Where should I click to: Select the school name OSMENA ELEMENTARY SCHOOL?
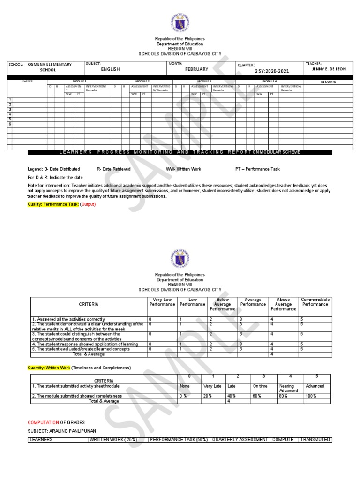click(x=49, y=67)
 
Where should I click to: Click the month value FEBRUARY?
click(x=196, y=69)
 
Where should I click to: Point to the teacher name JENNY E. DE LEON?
click(x=329, y=69)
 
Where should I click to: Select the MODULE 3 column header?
click(x=204, y=81)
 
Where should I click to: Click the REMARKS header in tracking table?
click(x=329, y=82)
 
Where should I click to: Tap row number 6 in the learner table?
click(x=10, y=124)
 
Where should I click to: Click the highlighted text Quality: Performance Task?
click(x=53, y=205)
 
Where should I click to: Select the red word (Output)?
click(x=88, y=205)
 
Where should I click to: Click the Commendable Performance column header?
click(x=315, y=302)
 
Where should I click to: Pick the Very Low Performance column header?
click(x=162, y=302)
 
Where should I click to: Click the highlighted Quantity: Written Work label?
click(x=49, y=367)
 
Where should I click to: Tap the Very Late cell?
click(x=212, y=386)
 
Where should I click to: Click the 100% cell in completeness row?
click(x=311, y=396)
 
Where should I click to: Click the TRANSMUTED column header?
click(x=315, y=440)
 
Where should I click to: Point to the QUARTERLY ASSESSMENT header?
click(x=239, y=440)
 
